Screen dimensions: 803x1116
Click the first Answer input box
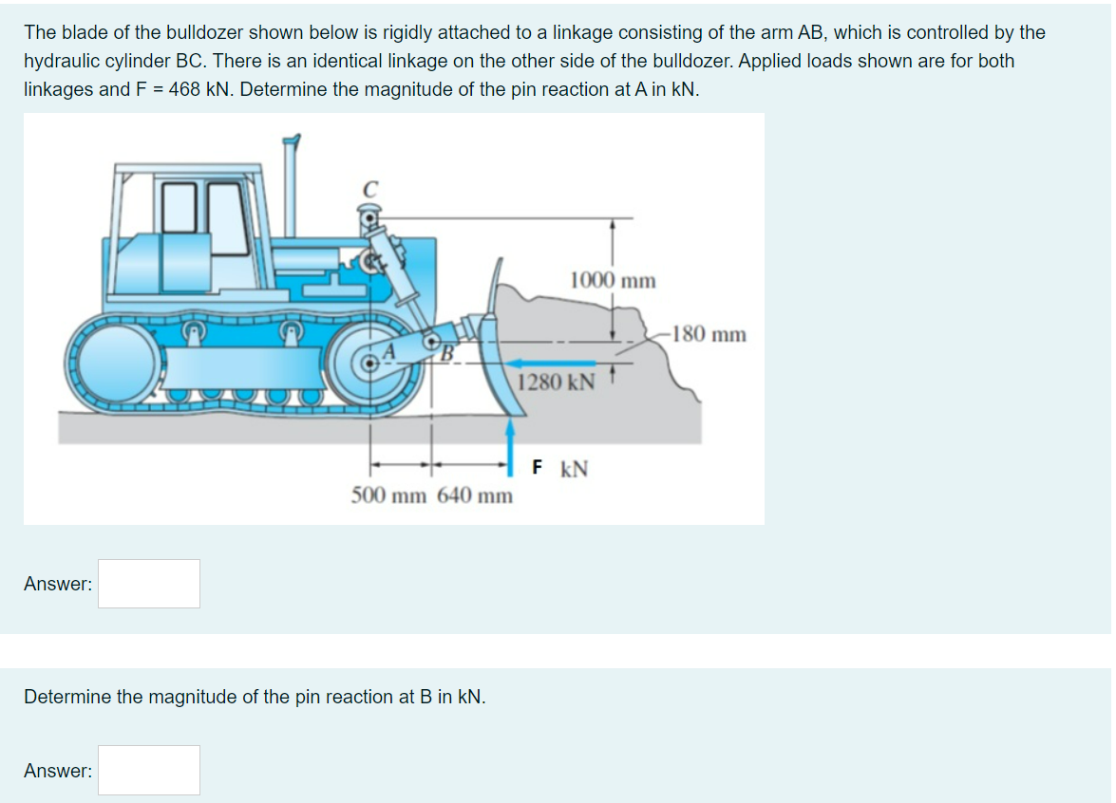[149, 584]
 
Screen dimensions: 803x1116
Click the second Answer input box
[149, 770]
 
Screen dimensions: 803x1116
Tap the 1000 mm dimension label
[613, 280]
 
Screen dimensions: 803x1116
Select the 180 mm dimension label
[708, 334]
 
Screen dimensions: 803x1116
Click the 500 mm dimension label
[390, 495]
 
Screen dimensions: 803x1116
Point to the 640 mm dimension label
[475, 495]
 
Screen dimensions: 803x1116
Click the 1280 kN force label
[557, 383]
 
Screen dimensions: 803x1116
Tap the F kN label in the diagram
[560, 469]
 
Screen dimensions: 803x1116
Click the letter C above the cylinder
[369, 190]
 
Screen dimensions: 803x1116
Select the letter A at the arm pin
[387, 352]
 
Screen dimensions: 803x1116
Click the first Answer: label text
[58, 585]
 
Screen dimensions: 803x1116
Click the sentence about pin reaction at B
[255, 697]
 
